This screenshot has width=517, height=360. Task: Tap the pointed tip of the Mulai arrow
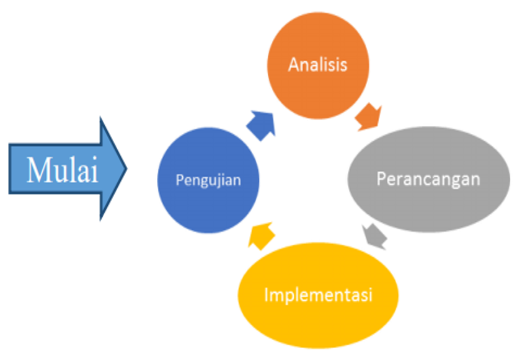[x=126, y=169]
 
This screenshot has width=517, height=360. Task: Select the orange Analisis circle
[x=318, y=66]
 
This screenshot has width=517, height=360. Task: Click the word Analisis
[x=318, y=64]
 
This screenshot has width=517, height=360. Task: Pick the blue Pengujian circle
[x=208, y=180]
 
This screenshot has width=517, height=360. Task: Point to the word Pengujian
[x=208, y=180]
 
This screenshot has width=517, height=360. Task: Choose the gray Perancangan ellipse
[x=428, y=179]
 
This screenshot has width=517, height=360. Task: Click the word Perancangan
[x=428, y=179]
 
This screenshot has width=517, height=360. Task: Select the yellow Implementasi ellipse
[x=318, y=296]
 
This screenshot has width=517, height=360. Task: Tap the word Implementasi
[x=318, y=294]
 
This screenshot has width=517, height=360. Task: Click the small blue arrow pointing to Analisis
[x=262, y=125]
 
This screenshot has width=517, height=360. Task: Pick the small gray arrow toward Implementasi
[x=374, y=236]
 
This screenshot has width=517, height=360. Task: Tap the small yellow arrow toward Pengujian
[x=261, y=235]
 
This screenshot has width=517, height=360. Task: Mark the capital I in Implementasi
[x=267, y=294]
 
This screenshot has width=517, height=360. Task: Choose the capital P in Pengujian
[x=180, y=180]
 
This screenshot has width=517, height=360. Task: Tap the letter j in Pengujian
[x=221, y=182]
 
